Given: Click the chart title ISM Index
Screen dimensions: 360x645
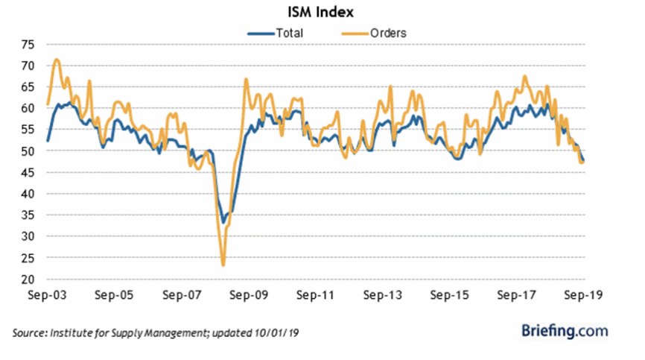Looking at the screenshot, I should (x=322, y=12).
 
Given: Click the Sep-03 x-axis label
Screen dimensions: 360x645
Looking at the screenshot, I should (x=46, y=295).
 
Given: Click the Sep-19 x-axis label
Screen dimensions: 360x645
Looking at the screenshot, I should (x=583, y=295).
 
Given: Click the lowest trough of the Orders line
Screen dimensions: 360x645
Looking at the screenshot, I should (x=223, y=265).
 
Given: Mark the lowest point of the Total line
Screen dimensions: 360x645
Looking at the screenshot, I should (x=223, y=222).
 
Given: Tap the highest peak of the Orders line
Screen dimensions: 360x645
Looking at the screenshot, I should (x=56, y=60).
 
